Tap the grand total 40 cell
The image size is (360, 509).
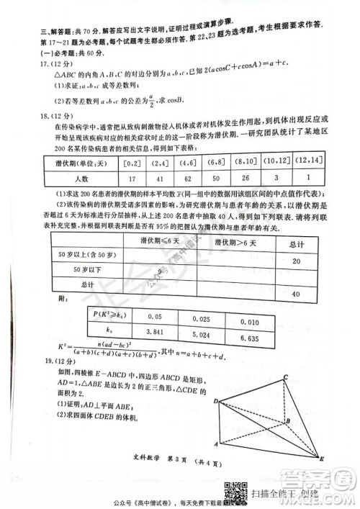tap(294, 294)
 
